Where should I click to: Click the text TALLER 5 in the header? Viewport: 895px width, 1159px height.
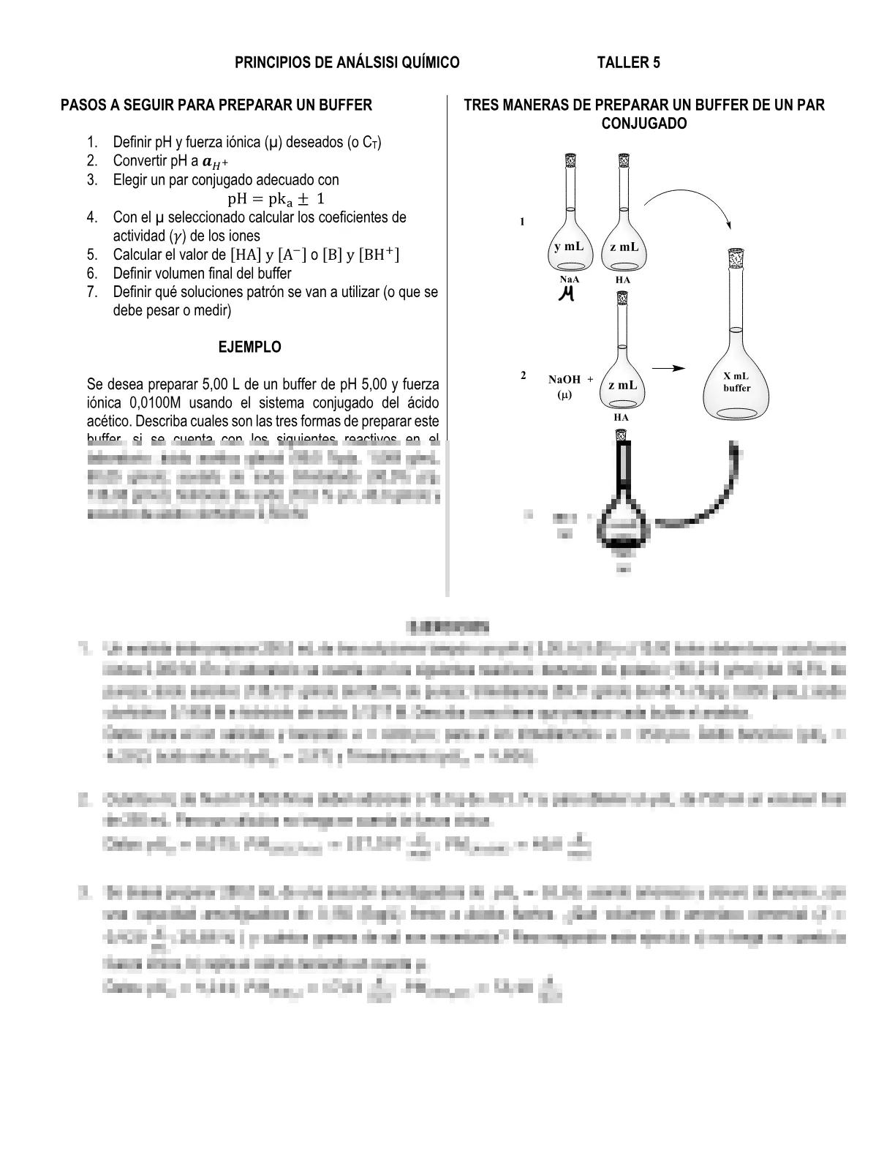click(x=628, y=63)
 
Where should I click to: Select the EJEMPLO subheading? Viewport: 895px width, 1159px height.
click(x=249, y=348)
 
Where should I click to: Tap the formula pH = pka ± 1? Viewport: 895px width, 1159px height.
click(x=276, y=199)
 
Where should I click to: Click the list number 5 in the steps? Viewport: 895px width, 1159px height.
click(x=91, y=255)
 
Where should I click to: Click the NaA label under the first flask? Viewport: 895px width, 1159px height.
click(x=570, y=280)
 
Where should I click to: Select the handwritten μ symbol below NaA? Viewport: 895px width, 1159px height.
click(x=565, y=294)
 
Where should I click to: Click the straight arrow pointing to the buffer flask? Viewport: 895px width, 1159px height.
click(x=668, y=368)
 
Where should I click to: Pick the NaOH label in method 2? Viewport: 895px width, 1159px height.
click(x=564, y=380)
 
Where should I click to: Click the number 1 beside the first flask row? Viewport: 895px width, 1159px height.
click(x=522, y=222)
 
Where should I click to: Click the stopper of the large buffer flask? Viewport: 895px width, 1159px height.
click(x=736, y=258)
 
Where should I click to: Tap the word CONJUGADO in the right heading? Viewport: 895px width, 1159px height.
click(x=643, y=124)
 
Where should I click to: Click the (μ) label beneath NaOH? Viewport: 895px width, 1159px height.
click(x=564, y=395)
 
